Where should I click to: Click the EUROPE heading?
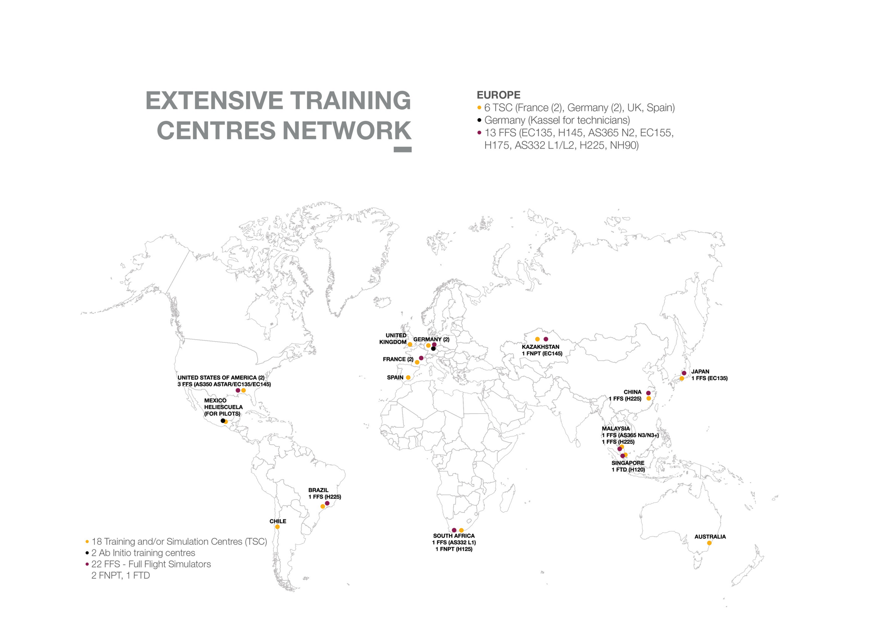pos(498,95)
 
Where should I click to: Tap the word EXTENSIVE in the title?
pos(214,100)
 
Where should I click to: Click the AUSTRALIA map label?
pos(710,537)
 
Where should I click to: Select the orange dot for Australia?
pos(709,543)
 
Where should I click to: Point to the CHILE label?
pos(278,521)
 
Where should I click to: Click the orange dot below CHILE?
pos(277,527)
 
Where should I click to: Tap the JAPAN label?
pos(700,372)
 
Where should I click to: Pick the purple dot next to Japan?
pos(684,373)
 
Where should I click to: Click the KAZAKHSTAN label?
pos(541,347)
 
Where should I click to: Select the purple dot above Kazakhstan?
pos(546,339)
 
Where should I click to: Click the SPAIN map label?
pos(395,378)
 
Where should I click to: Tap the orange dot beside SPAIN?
pos(408,378)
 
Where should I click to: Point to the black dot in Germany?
pos(433,349)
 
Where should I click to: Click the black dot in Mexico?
pos(223,421)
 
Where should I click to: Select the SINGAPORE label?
pos(628,463)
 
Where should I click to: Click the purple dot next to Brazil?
pos(327,503)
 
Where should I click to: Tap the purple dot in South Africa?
pos(454,530)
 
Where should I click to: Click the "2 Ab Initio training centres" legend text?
pos(143,553)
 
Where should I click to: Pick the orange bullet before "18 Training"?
pos(87,542)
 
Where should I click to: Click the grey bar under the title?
pos(402,149)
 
